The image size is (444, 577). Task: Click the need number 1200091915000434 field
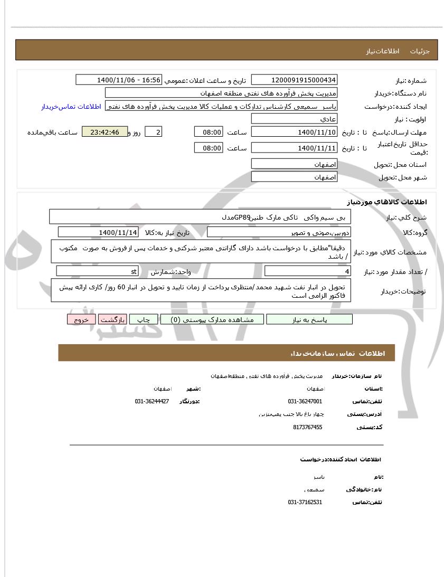pyautogui.click(x=294, y=80)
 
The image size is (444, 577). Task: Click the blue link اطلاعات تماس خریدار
pyautogui.click(x=71, y=107)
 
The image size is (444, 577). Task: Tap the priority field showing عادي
pyautogui.click(x=294, y=119)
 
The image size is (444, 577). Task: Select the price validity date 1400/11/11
pyautogui.click(x=294, y=148)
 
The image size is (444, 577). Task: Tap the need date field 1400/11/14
pyautogui.click(x=98, y=232)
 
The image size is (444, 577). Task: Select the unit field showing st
pyautogui.click(x=97, y=271)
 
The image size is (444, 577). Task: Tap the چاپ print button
pyautogui.click(x=144, y=320)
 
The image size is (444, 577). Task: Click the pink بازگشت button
pyautogui.click(x=112, y=320)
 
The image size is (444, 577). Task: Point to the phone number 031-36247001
pyautogui.click(x=305, y=401)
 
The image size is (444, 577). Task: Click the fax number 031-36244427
pyautogui.click(x=152, y=401)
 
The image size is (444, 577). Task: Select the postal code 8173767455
pyautogui.click(x=307, y=427)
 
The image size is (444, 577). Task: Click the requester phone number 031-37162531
pyautogui.click(x=305, y=502)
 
